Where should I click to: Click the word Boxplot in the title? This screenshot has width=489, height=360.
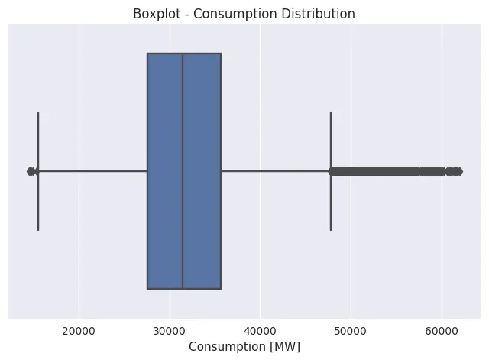point(157,14)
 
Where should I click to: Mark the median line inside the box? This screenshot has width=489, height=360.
point(183,171)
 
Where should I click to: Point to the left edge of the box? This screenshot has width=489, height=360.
point(147,171)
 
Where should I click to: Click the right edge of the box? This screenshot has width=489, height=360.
point(221,171)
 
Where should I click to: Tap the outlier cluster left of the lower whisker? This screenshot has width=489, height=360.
point(31,171)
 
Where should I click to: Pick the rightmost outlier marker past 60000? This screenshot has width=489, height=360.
point(458,171)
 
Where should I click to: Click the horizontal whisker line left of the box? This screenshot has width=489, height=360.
point(92,171)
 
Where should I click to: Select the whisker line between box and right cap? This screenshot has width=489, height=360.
point(275,171)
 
